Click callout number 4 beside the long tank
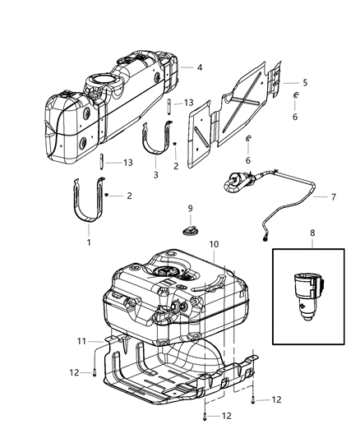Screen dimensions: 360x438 click(199, 67)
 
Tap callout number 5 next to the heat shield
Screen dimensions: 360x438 click(305, 83)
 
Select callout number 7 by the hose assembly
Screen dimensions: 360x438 click(333, 197)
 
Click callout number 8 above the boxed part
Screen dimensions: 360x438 click(312, 233)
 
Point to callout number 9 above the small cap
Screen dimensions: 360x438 click(190, 208)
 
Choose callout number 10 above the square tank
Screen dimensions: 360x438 click(214, 244)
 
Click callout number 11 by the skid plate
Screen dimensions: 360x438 click(81, 341)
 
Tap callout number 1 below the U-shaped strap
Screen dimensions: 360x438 click(89, 242)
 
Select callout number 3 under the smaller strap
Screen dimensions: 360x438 click(155, 175)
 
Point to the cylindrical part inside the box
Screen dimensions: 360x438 click(308, 297)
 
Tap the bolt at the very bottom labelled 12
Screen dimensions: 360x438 click(205, 417)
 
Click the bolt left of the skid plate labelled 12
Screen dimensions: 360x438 click(95, 373)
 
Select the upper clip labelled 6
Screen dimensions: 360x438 click(296, 95)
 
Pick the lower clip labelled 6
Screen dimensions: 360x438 click(248, 138)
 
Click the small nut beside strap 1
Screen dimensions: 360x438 click(106, 195)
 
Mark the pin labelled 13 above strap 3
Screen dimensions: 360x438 click(169, 106)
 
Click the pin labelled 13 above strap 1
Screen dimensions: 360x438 click(101, 161)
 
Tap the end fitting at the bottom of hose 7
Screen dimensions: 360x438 click(265, 238)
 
